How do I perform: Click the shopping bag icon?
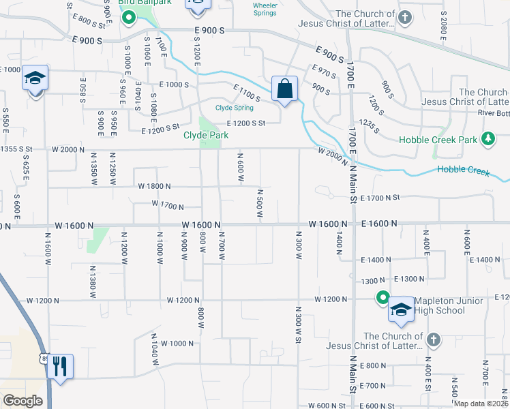point(284,88)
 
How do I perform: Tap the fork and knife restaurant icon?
point(61,367)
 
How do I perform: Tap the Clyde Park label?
point(205,135)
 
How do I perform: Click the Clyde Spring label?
point(235,108)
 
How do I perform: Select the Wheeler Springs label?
point(265,9)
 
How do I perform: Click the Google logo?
point(22,401)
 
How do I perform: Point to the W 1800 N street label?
point(154,186)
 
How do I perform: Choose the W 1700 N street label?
point(168,204)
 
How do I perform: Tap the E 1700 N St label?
point(381,198)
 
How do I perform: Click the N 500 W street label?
point(260,204)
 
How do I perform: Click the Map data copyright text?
point(481,403)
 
